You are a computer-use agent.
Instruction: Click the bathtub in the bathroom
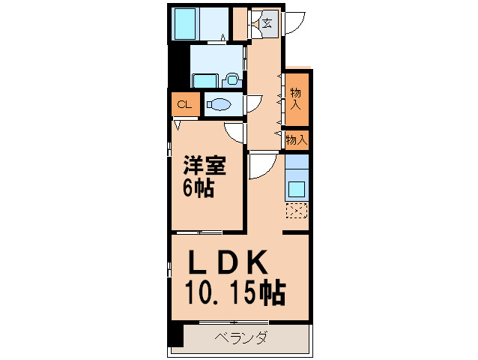[185, 25]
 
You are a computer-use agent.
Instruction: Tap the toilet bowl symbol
[219, 105]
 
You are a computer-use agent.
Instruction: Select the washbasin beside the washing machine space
[232, 78]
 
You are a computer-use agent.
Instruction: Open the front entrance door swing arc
[294, 21]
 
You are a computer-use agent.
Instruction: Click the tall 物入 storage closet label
[296, 98]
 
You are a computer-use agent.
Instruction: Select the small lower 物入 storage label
[297, 139]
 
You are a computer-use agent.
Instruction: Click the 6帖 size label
[199, 187]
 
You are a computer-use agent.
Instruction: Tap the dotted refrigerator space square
[297, 211]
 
